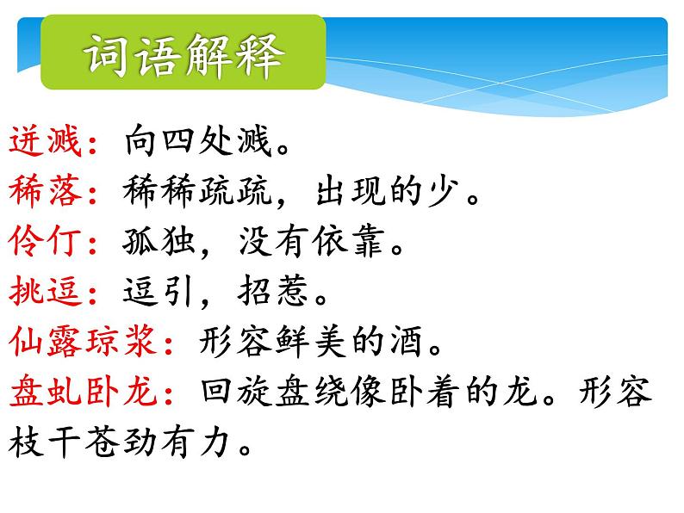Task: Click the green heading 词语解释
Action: click(183, 57)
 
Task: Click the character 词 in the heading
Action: click(106, 57)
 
